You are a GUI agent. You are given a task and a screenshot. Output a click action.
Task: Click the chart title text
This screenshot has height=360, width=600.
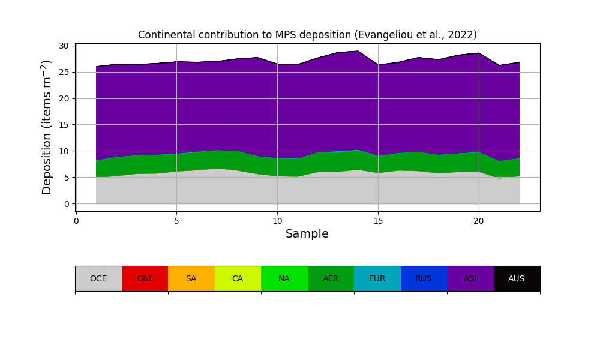307,35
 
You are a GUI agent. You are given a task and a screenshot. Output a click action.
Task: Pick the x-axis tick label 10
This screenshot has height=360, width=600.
277,221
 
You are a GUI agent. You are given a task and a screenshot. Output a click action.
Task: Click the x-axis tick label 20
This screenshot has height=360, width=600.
479,221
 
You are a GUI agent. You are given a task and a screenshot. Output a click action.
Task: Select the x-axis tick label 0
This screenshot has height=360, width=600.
76,221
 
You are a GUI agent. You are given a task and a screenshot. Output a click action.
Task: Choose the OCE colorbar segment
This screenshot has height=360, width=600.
98,278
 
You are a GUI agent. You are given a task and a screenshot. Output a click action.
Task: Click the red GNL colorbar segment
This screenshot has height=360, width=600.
145,278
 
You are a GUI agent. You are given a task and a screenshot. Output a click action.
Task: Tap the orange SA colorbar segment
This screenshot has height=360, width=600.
191,278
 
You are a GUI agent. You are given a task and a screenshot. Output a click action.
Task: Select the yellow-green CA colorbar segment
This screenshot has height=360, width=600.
238,278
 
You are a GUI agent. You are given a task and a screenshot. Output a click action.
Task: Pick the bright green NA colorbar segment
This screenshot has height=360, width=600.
284,278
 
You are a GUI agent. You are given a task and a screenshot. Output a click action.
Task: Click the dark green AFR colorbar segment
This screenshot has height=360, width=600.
331,278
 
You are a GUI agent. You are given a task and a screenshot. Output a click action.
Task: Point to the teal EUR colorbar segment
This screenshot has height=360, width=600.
377,278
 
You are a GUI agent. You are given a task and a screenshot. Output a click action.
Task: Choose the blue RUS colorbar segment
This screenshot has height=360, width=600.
424,278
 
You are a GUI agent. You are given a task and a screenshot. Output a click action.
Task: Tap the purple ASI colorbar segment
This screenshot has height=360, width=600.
470,278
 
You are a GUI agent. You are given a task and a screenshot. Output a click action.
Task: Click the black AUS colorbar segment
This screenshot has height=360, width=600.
517,278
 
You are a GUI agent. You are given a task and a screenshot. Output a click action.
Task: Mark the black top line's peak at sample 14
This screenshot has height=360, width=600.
358,51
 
